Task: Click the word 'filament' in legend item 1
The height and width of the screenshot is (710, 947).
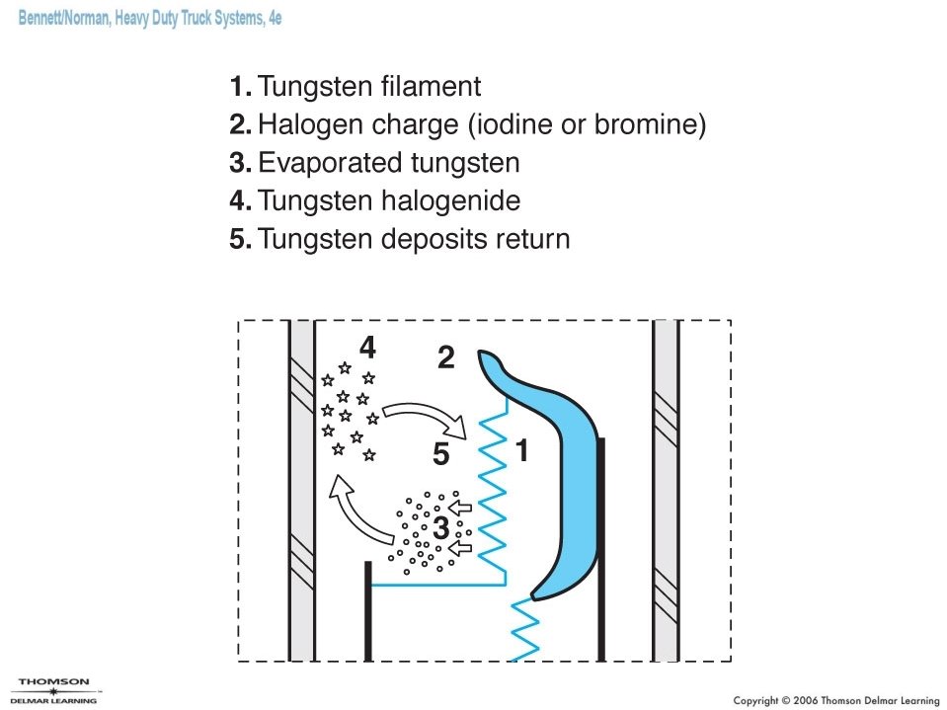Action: [x=431, y=87]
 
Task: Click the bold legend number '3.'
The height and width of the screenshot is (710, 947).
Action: [x=241, y=163]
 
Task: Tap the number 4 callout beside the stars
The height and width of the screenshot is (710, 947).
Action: [x=367, y=348]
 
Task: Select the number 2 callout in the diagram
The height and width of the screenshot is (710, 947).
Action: [x=446, y=358]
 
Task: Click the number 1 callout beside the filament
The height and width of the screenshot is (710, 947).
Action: [x=522, y=451]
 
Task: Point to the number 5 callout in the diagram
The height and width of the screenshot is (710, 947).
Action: [x=440, y=455]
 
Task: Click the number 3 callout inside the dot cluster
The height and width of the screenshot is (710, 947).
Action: [x=440, y=529]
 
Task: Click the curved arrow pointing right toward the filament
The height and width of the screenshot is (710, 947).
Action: [x=424, y=415]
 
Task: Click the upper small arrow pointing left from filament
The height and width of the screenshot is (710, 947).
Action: [x=461, y=510]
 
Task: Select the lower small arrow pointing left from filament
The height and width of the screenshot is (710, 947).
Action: [x=461, y=544]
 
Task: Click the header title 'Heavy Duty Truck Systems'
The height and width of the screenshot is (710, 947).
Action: [x=187, y=19]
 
